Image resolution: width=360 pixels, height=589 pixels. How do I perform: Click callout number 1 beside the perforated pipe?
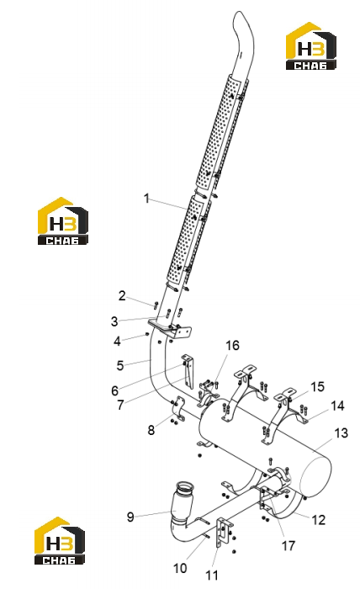147,199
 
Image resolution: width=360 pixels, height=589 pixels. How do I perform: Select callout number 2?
122,296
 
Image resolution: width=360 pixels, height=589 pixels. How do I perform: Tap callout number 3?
114,321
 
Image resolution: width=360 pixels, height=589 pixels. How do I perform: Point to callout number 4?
118,341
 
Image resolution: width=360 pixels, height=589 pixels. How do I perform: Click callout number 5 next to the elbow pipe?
120,365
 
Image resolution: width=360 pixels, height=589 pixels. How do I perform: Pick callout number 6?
115,390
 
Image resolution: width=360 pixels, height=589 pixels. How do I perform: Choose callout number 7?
120,405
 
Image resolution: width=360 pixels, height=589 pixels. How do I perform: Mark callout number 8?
151,430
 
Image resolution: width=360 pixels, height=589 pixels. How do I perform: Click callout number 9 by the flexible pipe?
130,517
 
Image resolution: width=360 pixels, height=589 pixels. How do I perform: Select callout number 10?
180,568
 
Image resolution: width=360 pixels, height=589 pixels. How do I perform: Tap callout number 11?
212,575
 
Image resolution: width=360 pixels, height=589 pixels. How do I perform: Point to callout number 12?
318,520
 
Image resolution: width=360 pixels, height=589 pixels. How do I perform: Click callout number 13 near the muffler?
341,433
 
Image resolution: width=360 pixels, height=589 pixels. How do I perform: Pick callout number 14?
337,406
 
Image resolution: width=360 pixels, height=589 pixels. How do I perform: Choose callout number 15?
317,386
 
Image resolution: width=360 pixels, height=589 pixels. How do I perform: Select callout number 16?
232,345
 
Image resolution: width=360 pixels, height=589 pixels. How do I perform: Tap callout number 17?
289,545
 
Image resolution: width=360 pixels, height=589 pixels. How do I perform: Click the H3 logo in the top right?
311,45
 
